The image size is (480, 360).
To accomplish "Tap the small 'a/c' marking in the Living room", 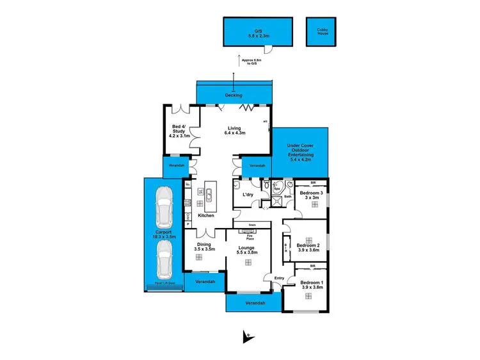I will [265, 121].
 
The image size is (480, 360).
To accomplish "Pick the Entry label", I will [279, 277].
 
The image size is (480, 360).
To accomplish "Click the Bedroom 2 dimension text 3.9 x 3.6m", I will [308, 250].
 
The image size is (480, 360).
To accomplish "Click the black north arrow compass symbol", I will [246, 336].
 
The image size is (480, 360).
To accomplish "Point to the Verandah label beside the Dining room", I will [205, 281].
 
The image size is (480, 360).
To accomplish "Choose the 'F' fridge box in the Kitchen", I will [188, 185].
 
